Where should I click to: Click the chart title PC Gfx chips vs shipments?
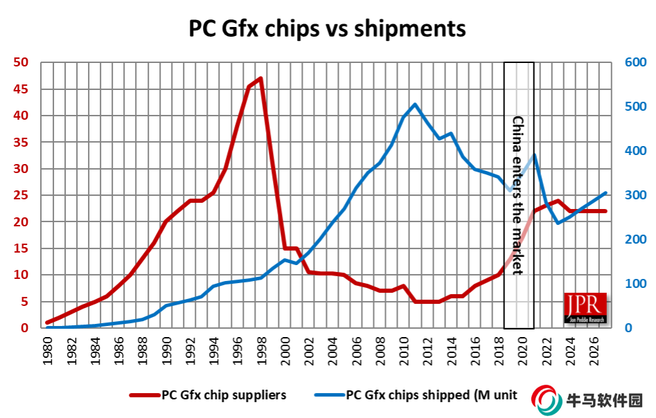coord(328,29)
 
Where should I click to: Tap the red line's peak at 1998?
coord(260,78)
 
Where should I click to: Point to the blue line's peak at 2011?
coord(415,104)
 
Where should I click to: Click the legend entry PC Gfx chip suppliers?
coord(224,395)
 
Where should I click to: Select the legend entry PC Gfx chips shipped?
coord(431,395)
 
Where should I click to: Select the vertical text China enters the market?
coord(517,195)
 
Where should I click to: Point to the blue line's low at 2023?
coord(558,223)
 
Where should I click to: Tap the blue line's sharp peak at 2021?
coord(534,154)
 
